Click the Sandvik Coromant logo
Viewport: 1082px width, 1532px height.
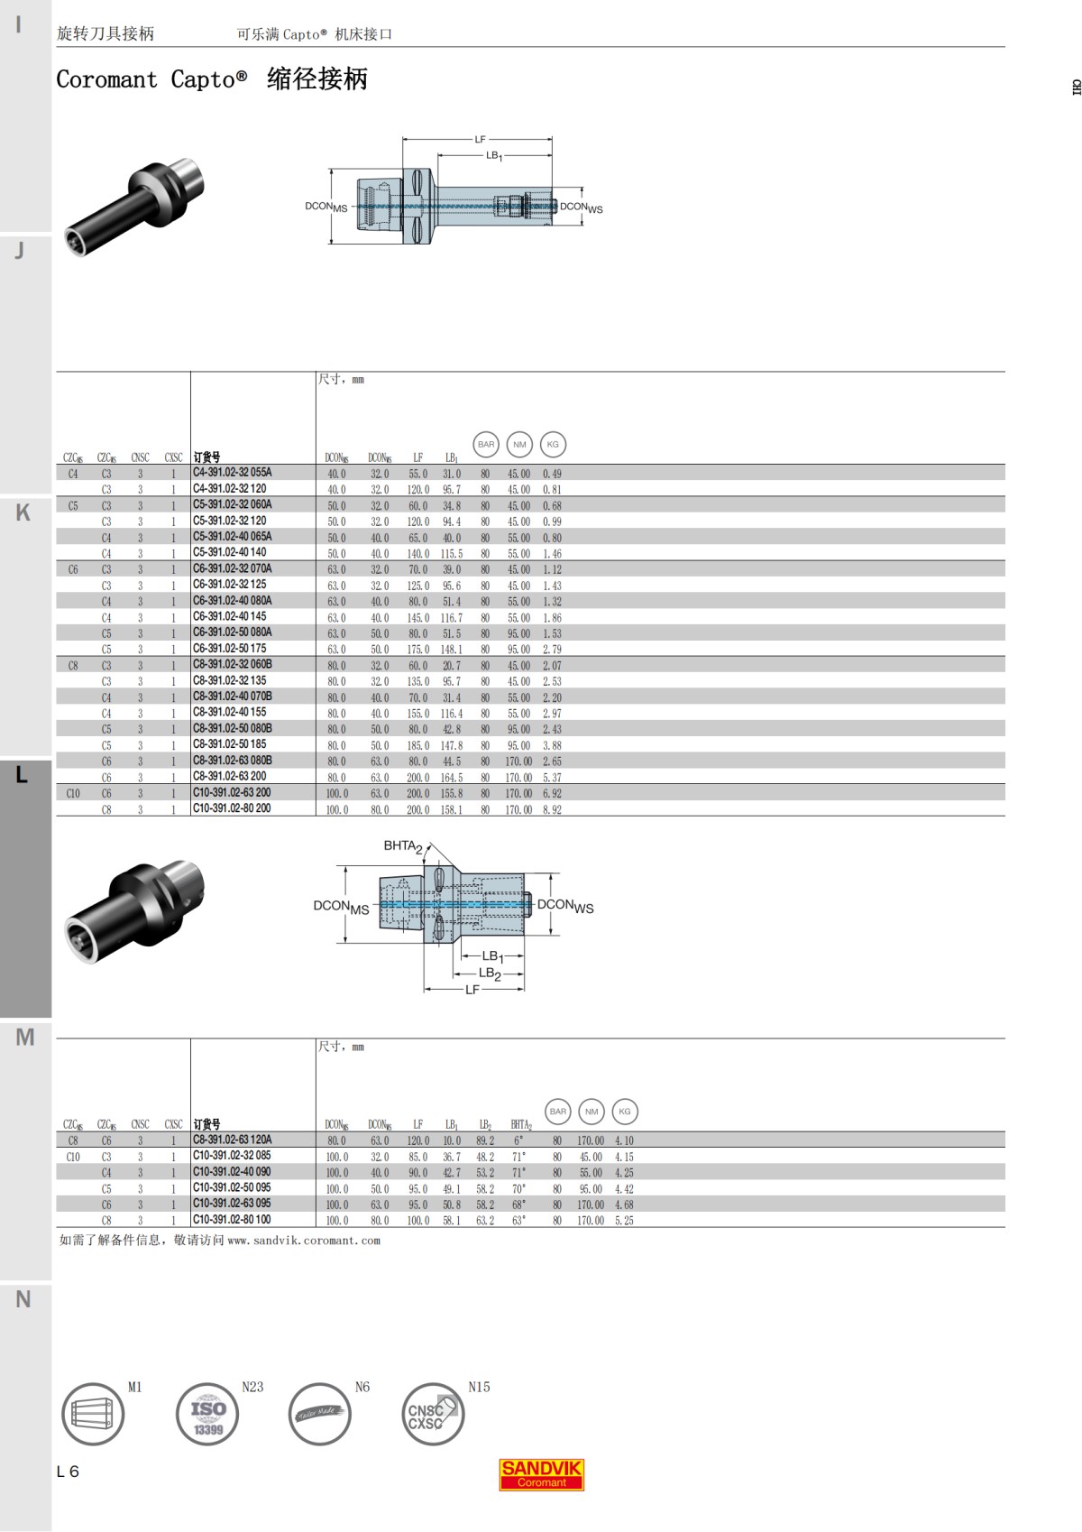point(541,1474)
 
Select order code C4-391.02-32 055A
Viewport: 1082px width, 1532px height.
point(232,473)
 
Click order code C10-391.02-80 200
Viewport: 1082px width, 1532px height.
point(232,808)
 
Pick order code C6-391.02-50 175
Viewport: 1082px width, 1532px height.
point(229,649)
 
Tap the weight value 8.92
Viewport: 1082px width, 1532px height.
point(552,810)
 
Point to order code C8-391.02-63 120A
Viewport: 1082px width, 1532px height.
point(232,1140)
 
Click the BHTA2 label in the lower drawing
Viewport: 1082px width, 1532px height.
point(402,846)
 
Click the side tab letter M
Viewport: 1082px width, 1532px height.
point(24,1038)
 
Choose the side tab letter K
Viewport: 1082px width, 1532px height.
point(23,512)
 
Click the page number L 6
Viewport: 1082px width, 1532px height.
point(68,1472)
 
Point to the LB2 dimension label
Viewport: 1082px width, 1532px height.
point(490,974)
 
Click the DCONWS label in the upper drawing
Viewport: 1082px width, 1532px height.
point(581,208)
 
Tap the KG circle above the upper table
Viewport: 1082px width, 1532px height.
point(553,444)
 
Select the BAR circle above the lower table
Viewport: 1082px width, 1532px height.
point(558,1112)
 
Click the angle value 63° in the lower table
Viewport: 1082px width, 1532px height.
point(518,1221)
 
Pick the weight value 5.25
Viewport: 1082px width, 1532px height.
point(624,1221)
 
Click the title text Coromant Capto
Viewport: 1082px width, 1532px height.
point(151,79)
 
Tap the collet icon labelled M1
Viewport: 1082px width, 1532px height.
point(92,1413)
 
